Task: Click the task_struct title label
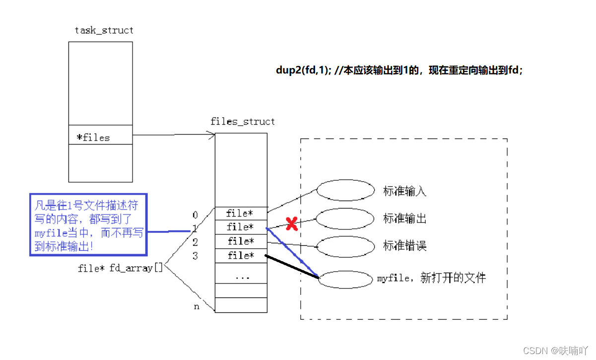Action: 104,30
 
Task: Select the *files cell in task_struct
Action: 100,138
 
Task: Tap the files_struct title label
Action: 243,122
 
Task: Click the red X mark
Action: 292,224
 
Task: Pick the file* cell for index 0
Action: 241,214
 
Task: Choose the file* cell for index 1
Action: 241,227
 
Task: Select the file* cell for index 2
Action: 241,241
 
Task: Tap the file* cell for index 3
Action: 241,256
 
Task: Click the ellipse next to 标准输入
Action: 345,190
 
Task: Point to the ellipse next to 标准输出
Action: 345,218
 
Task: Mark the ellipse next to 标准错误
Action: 345,246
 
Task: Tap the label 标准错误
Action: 404,246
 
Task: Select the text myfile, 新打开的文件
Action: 431,278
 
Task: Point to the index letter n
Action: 197,306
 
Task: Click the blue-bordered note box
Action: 88,224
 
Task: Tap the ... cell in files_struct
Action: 241,277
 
